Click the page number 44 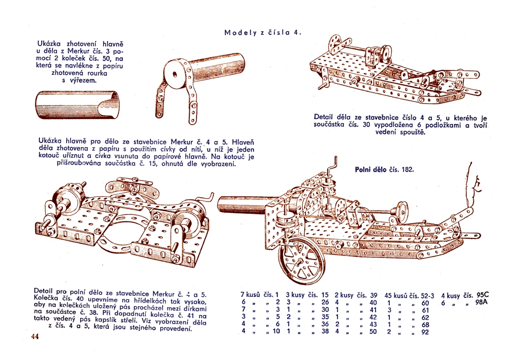point(35,336)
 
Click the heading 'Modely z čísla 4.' point(263,32)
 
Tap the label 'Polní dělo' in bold point(371,169)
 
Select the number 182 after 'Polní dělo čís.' point(408,169)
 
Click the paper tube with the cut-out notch point(77,105)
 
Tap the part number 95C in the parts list point(483,295)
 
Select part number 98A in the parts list point(482,302)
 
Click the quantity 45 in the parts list point(388,295)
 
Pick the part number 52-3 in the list point(427,295)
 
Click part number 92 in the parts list point(425,332)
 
